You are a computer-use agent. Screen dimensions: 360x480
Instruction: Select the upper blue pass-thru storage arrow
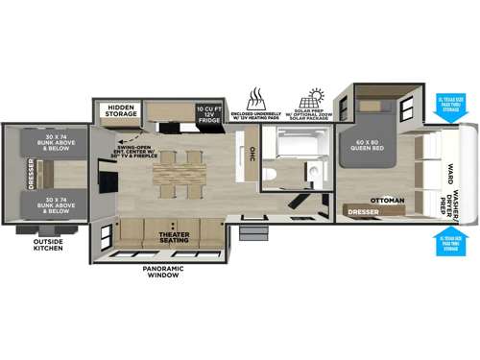click(x=450, y=113)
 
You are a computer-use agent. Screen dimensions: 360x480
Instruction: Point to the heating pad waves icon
click(x=256, y=98)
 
